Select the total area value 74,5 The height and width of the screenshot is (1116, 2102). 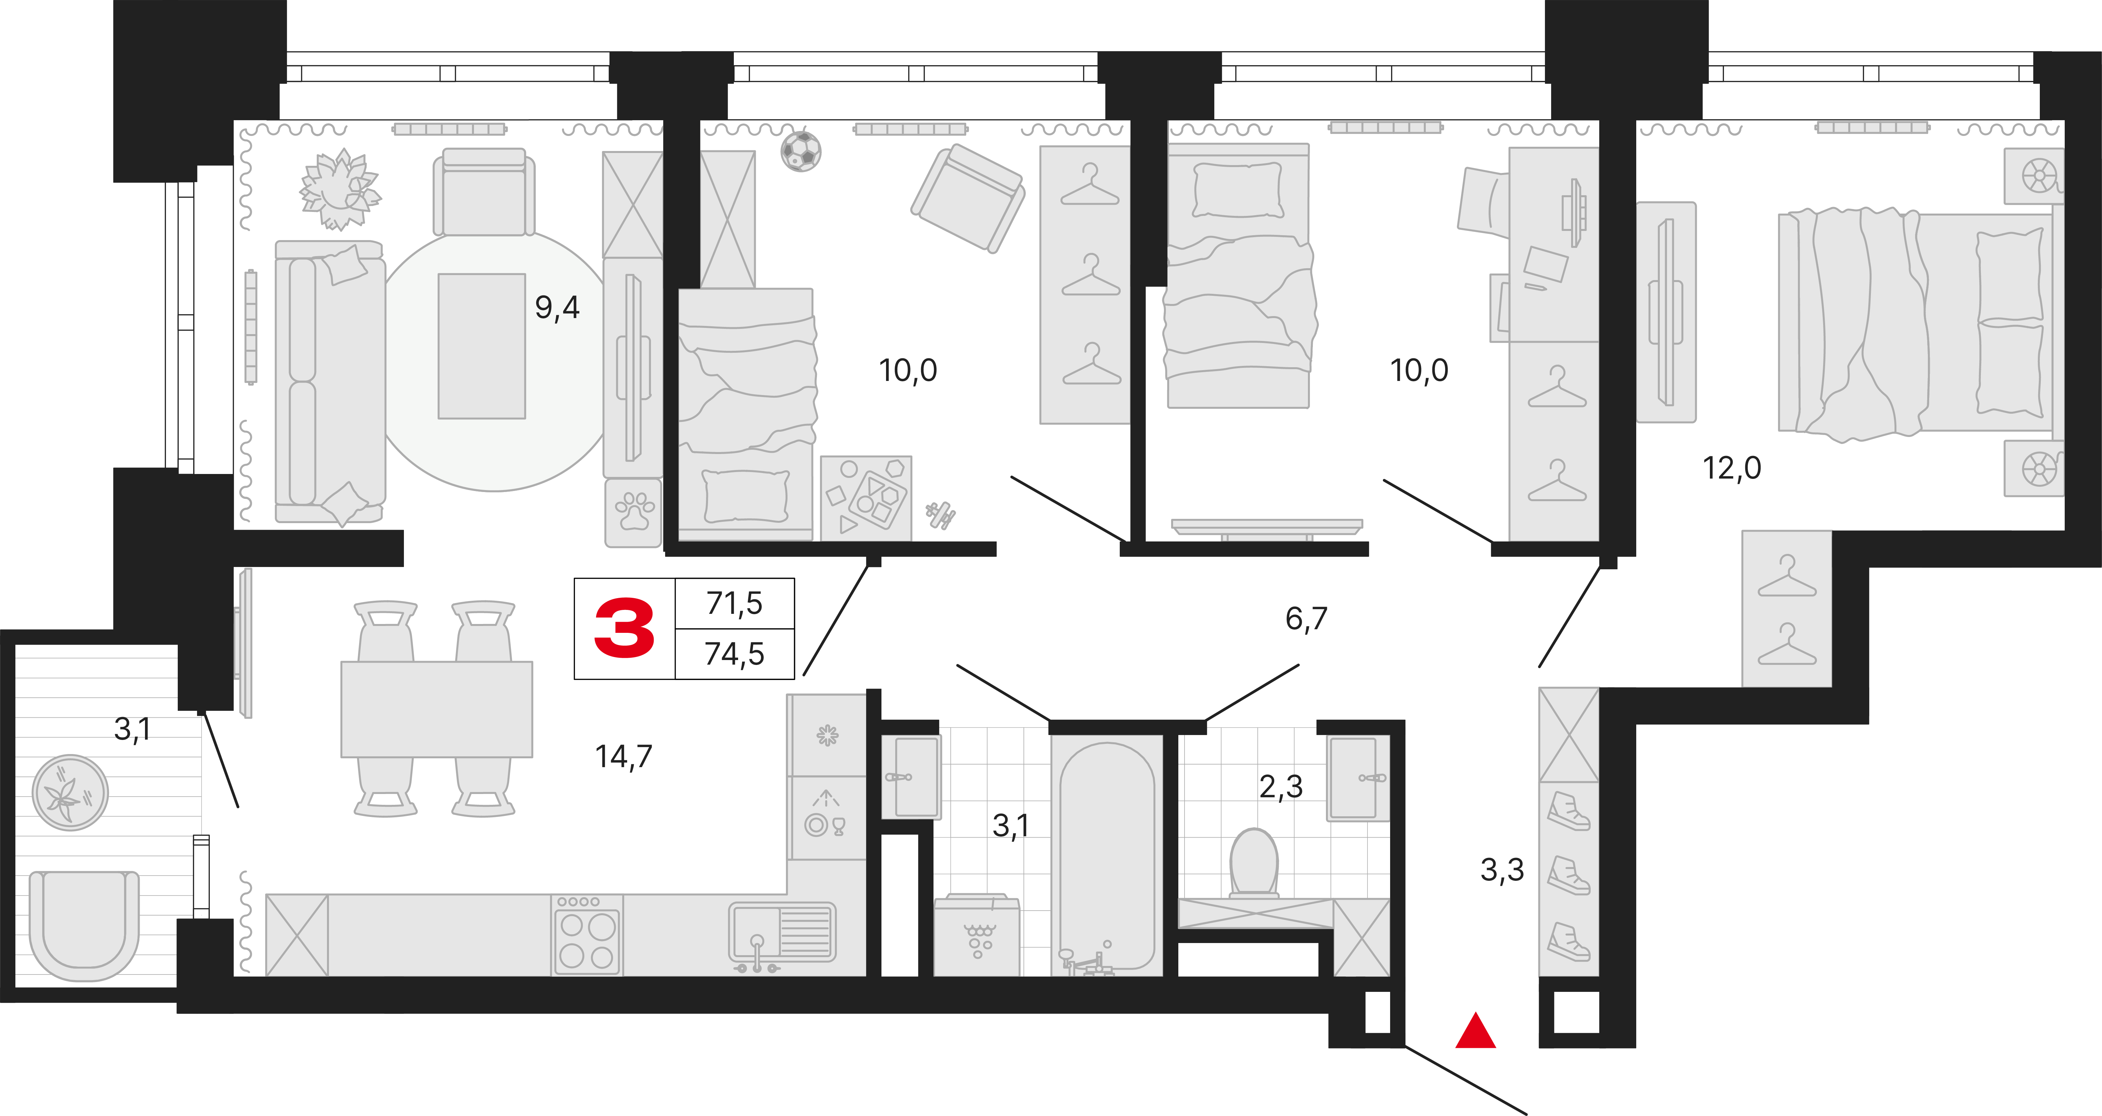point(734,654)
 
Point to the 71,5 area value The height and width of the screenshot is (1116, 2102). point(734,603)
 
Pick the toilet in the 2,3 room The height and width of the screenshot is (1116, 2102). point(1253,864)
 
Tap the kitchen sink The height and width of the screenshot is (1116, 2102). point(782,935)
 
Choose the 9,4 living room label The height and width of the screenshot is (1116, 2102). point(557,308)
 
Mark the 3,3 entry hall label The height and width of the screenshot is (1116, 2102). point(1502,870)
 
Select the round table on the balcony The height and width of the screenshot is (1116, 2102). point(70,793)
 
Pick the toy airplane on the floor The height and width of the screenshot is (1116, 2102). point(941,514)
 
